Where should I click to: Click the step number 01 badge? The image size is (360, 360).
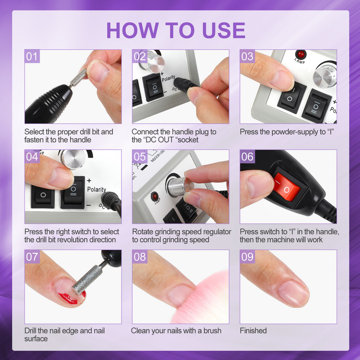coord(32,56)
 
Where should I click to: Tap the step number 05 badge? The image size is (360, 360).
coord(140,157)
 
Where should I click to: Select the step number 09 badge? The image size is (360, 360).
coord(247,256)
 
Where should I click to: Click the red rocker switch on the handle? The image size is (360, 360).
coord(287,187)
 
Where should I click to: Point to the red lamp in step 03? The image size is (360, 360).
coord(301,54)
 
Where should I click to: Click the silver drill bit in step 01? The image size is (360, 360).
coord(78,78)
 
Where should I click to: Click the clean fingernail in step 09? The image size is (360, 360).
coord(293,294)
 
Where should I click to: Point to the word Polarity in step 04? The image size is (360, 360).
coord(97,189)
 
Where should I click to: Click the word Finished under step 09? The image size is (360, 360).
coord(253,331)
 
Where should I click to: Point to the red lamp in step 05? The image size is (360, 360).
coord(155,196)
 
